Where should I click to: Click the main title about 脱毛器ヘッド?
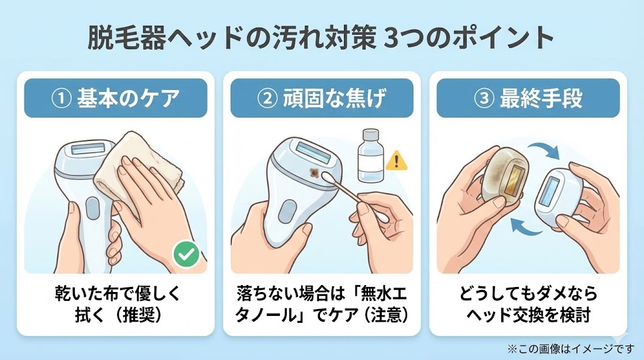[x=321, y=39]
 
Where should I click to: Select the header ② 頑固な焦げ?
[x=321, y=98]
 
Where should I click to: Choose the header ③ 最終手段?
[x=528, y=98]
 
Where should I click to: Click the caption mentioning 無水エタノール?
[x=321, y=303]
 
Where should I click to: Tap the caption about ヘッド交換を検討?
[x=528, y=303]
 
